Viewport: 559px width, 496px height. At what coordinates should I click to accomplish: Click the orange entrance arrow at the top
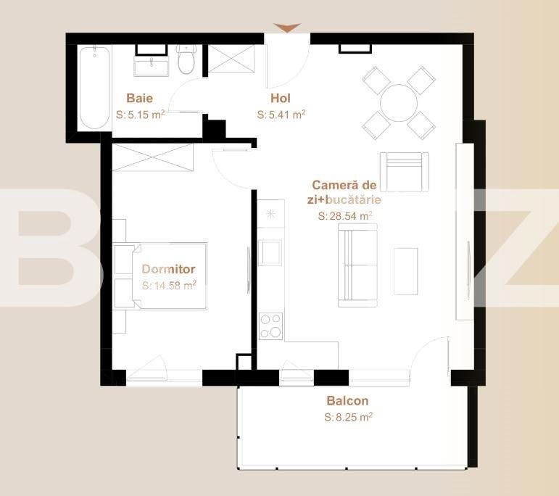[x=287, y=28]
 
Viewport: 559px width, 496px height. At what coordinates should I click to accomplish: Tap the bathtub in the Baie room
[x=94, y=88]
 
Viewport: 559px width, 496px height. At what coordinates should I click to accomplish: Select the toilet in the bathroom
[x=186, y=59]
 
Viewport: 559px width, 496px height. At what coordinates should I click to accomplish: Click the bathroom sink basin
[x=151, y=66]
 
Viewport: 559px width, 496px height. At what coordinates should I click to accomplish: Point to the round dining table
[x=399, y=103]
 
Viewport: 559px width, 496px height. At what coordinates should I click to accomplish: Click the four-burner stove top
[x=271, y=326]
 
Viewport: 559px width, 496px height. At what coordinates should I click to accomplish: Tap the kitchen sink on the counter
[x=270, y=252]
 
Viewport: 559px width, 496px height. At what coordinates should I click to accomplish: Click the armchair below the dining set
[x=405, y=172]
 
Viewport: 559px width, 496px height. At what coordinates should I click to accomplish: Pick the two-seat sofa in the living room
[x=357, y=265]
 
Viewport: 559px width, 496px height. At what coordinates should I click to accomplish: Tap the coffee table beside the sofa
[x=406, y=271]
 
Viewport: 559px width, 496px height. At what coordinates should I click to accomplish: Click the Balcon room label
[x=347, y=401]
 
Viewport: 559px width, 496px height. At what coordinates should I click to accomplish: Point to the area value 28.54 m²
[x=345, y=216]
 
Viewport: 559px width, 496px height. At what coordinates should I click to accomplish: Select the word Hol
[x=281, y=98]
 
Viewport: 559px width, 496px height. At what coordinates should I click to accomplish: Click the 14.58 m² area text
[x=169, y=285]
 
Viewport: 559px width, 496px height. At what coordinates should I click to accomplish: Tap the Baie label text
[x=139, y=98]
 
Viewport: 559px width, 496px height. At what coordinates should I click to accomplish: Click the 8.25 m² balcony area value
[x=348, y=417]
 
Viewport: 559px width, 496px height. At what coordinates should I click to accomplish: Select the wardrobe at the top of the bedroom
[x=153, y=157]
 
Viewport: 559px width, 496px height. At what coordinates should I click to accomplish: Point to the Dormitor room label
[x=169, y=269]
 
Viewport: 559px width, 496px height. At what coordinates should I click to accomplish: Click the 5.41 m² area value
[x=281, y=115]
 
